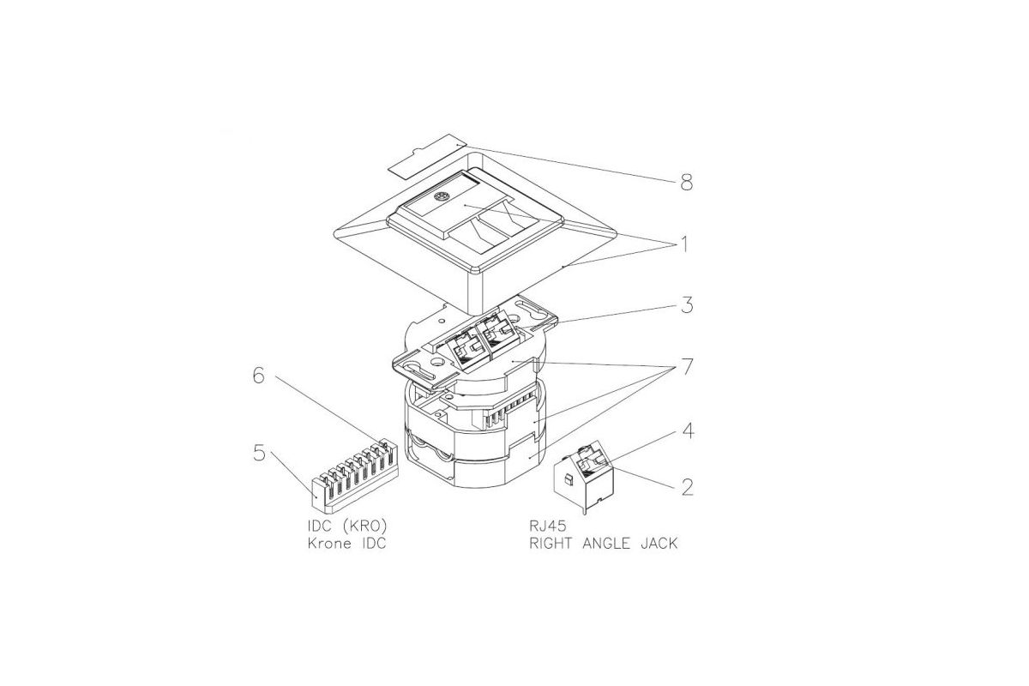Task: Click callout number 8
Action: pos(686,183)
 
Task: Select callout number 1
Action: pos(684,244)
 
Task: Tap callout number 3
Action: pos(687,305)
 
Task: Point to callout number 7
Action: pos(686,367)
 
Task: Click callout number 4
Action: pos(687,431)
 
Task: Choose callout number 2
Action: pos(687,487)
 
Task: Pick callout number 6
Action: pos(259,376)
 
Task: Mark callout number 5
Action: pos(260,453)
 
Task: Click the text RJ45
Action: pos(548,526)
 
